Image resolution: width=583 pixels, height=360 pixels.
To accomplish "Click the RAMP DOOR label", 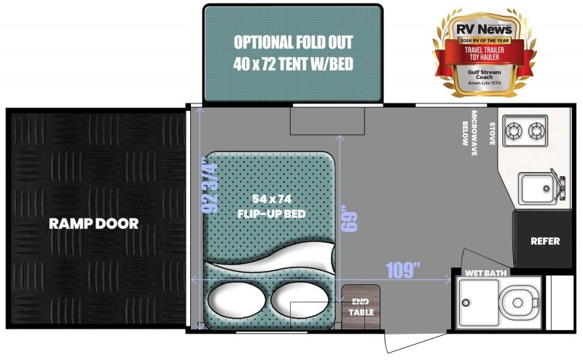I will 93,224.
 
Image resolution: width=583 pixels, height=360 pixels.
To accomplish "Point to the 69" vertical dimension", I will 353,219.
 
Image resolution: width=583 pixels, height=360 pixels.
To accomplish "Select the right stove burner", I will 537,131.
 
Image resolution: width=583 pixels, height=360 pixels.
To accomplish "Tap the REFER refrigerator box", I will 544,241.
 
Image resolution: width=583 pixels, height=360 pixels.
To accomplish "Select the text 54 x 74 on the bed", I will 267,199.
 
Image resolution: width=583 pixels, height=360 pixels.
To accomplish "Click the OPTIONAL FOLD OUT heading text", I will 292,42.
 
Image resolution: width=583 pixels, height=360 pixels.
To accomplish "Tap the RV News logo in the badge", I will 483,30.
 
